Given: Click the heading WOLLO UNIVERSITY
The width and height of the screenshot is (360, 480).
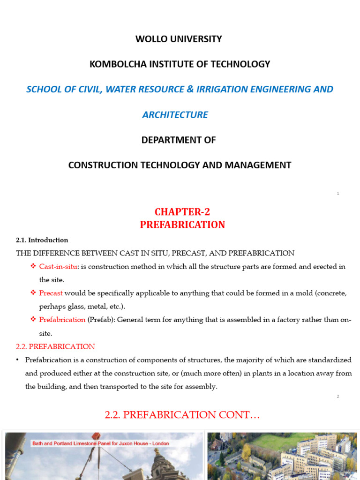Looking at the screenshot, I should tap(179, 39).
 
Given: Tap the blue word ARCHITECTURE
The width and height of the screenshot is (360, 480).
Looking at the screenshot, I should tap(175, 115).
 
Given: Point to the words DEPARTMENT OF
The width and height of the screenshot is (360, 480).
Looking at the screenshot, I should tap(179, 140).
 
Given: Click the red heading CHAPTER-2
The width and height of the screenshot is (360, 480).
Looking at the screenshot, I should tap(182, 212).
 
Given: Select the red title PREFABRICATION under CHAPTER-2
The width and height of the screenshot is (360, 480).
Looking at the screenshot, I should tap(182, 225).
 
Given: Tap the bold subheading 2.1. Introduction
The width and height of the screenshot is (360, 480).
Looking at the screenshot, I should tap(42, 240).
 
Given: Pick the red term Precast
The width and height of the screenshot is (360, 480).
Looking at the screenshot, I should tap(51, 293).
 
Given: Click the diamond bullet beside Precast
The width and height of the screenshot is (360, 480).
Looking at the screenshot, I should tap(33, 293).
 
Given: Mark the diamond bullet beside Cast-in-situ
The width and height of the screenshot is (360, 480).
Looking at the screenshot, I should tap(33, 266).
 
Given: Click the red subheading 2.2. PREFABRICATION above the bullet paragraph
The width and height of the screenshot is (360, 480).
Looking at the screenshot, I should tap(55, 346).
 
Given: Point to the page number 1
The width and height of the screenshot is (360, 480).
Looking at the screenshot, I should tap(338, 194).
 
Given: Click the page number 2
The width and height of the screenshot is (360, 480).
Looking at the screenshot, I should tap(338, 397).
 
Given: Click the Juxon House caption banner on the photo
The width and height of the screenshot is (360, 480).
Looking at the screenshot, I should tap(100, 443).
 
